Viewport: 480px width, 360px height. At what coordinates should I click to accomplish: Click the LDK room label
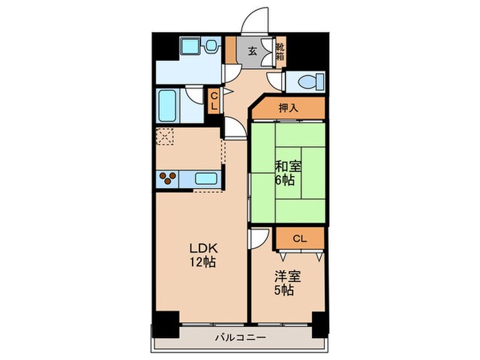tap(203, 248)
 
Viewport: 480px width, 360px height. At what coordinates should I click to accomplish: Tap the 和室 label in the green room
tap(288, 167)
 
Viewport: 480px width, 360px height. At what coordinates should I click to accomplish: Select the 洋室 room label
tap(287, 277)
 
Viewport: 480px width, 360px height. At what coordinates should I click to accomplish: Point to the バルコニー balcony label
tap(240, 337)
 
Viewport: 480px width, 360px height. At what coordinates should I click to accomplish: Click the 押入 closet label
tap(289, 108)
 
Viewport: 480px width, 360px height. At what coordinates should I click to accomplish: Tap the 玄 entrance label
tap(252, 51)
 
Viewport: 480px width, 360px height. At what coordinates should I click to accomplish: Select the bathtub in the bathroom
tap(167, 106)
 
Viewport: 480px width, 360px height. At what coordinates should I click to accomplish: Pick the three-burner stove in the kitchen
tap(167, 178)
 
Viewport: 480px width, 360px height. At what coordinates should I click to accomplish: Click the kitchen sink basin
tap(206, 178)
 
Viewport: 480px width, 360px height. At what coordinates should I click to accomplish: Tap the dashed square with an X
tap(165, 136)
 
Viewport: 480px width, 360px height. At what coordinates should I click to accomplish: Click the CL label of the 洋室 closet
tap(300, 239)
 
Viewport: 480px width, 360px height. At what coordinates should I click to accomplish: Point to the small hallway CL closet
tap(214, 101)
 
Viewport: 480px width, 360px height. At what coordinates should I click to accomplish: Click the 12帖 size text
tap(203, 263)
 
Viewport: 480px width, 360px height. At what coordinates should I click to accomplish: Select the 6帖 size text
tap(285, 180)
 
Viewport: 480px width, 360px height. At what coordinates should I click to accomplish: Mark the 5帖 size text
tap(284, 290)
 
